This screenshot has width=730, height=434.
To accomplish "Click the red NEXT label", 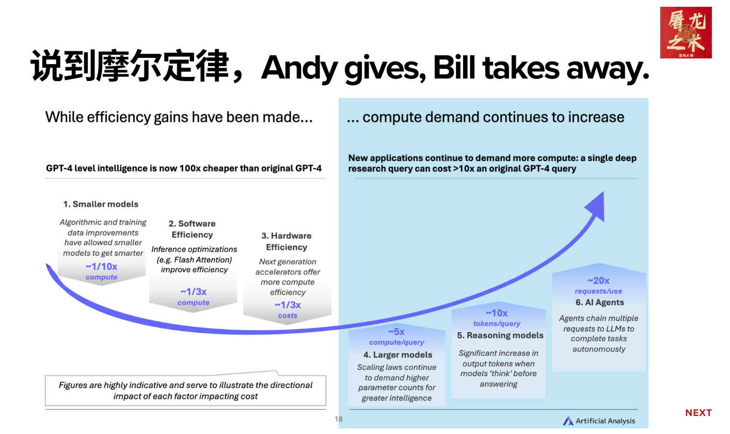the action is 698,413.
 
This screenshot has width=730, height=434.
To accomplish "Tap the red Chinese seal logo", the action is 686,33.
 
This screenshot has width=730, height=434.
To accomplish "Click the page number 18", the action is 338,419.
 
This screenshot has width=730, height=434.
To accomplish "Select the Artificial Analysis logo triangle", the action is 568,421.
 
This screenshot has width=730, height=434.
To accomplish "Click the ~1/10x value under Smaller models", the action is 101,267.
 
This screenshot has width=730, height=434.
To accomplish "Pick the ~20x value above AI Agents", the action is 598,281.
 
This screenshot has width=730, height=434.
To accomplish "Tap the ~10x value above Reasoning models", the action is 496,313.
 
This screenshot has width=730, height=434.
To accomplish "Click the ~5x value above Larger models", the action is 396,332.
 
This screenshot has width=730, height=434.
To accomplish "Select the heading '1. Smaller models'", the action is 101,204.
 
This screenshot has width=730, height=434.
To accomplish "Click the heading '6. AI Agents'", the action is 600,302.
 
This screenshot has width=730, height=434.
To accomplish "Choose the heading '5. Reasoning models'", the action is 500,335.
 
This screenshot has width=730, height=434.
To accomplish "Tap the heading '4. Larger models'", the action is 398,355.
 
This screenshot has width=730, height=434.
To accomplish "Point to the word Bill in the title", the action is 454,67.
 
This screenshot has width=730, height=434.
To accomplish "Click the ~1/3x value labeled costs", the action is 288,305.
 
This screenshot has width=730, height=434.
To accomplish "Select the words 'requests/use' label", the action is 598,291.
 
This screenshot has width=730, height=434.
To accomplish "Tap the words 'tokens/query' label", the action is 497,324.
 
